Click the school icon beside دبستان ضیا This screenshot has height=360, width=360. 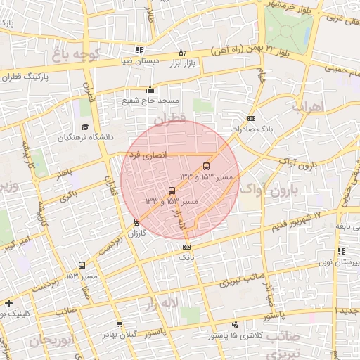tap(139, 50)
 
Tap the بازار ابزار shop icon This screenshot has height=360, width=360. tap(182, 53)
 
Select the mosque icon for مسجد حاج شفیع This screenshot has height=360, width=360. tap(149, 89)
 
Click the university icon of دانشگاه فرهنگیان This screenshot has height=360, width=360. tap(84, 127)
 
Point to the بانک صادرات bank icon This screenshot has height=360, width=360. tap(251, 118)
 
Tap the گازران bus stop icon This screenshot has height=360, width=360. tap(137, 222)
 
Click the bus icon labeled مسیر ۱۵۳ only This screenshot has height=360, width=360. tap(82, 266)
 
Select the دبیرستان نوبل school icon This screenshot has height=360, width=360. tap(341, 251)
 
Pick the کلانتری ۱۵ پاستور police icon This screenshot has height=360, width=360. tap(235, 324)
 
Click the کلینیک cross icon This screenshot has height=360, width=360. tap(8, 304)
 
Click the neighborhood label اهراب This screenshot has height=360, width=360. tap(308, 108)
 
